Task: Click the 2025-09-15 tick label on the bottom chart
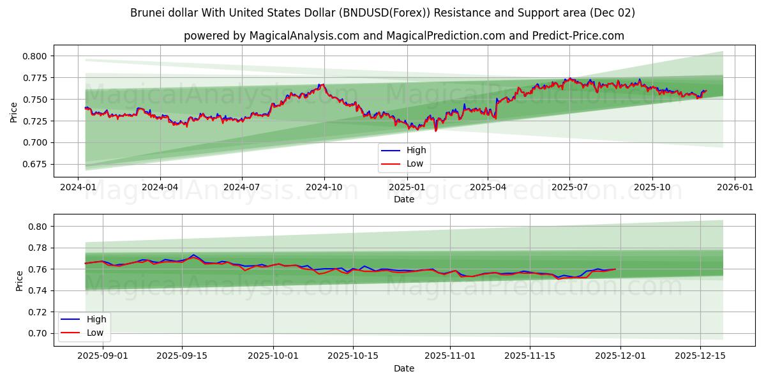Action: click(x=182, y=356)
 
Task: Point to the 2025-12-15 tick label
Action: click(x=701, y=356)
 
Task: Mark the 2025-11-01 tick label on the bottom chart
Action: click(x=450, y=356)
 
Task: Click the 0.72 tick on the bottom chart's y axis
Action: click(x=38, y=312)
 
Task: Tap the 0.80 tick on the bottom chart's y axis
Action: click(x=38, y=227)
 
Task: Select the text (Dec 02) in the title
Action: click(x=613, y=13)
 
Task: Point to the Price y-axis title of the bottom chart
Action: click(x=20, y=280)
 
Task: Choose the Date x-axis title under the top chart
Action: click(x=403, y=199)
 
